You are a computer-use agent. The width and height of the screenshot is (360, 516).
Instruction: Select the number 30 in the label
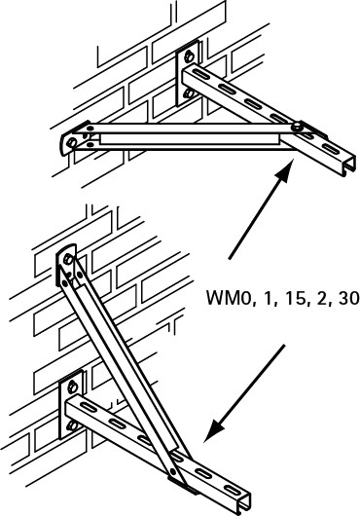tap(347, 298)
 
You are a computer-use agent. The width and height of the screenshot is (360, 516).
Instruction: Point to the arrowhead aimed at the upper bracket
tap(283, 170)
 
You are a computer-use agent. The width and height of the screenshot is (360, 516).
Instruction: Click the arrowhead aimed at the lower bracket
tap(214, 430)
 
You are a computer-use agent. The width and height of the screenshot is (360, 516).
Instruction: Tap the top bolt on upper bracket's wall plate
tap(189, 56)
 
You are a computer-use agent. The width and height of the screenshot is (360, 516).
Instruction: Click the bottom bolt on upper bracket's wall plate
tap(189, 93)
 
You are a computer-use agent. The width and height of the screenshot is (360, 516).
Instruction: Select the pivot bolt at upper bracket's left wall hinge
tap(72, 142)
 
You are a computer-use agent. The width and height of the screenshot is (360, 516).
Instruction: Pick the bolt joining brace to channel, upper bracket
tap(298, 126)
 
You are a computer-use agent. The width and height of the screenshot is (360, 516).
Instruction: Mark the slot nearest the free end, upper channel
tap(330, 148)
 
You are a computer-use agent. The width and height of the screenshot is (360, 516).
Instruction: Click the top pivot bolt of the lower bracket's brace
tap(68, 259)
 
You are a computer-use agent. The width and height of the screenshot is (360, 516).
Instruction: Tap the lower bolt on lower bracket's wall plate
tap(72, 425)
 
